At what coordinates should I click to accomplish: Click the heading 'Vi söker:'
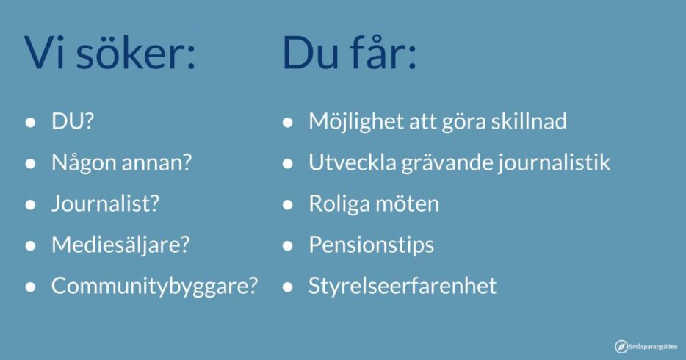click(x=109, y=52)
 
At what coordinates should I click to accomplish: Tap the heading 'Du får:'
click(x=349, y=52)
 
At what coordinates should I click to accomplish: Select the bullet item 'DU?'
click(x=73, y=121)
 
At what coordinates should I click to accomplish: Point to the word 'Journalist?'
click(x=105, y=204)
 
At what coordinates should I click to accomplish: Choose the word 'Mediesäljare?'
click(x=120, y=245)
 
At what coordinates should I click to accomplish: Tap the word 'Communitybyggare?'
click(x=154, y=286)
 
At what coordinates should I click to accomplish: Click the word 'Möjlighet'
click(x=355, y=121)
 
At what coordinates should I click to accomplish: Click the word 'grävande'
click(x=447, y=162)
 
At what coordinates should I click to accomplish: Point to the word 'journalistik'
click(x=554, y=162)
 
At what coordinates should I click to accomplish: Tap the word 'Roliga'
click(x=338, y=204)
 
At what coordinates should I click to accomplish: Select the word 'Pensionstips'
click(x=372, y=245)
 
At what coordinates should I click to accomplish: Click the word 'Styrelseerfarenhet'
click(x=402, y=286)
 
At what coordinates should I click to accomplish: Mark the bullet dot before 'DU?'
click(x=30, y=123)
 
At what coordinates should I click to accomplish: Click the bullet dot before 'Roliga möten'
click(x=287, y=205)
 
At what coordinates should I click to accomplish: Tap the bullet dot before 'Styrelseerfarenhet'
click(x=287, y=287)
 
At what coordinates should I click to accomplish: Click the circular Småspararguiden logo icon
click(x=621, y=347)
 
